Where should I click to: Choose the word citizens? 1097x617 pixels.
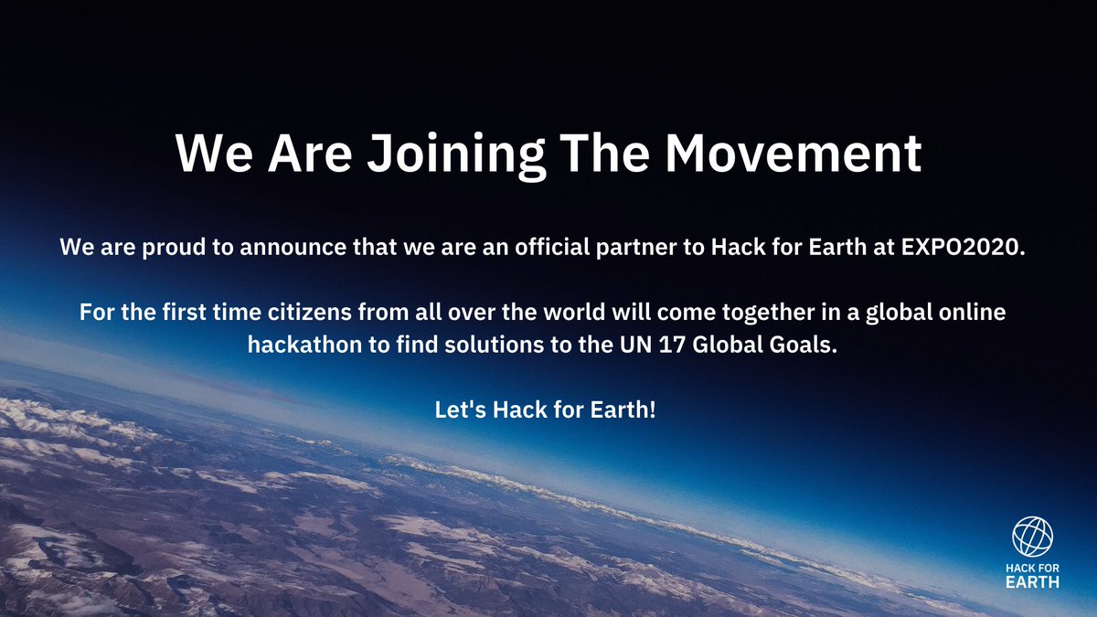pos(295,313)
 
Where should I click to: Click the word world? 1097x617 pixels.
pos(543,313)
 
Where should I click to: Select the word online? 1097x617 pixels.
pos(978,313)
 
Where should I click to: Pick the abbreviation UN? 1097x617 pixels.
pos(622,346)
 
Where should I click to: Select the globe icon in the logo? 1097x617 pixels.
pos(1032,537)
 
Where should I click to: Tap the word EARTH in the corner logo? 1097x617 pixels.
pos(1032,582)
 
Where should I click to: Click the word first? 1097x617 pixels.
pos(174,313)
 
